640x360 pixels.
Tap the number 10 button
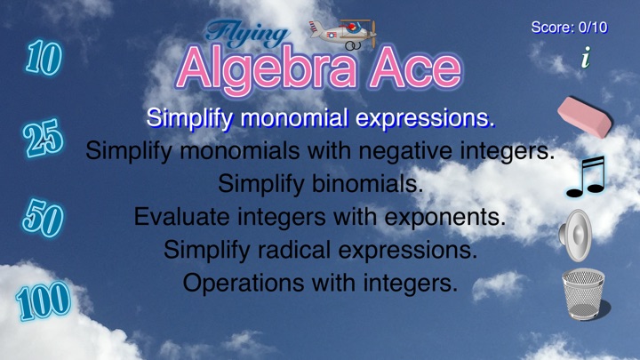pyautogui.click(x=44, y=58)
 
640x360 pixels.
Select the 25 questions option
pyautogui.click(x=43, y=139)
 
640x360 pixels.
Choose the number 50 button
pyautogui.click(x=43, y=218)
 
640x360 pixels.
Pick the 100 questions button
pyautogui.click(x=44, y=300)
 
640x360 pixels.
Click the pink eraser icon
pyautogui.click(x=585, y=117)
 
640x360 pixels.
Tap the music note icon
pyautogui.click(x=586, y=177)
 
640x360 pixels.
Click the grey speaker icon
pyautogui.click(x=575, y=236)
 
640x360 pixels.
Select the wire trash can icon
pyautogui.click(x=584, y=294)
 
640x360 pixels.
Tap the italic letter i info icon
pyautogui.click(x=586, y=57)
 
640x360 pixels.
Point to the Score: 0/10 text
pyautogui.click(x=570, y=28)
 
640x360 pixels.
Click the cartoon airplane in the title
pyautogui.click(x=343, y=35)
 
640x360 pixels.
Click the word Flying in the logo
pyautogui.click(x=247, y=34)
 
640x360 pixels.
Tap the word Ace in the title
pyautogui.click(x=415, y=69)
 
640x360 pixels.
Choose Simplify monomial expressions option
pyautogui.click(x=320, y=118)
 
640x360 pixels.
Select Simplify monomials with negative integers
pyautogui.click(x=320, y=150)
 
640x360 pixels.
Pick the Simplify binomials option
pyautogui.click(x=320, y=184)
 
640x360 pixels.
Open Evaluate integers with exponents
pyautogui.click(x=320, y=217)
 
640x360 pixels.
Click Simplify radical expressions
pyautogui.click(x=320, y=250)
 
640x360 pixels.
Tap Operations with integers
pyautogui.click(x=320, y=283)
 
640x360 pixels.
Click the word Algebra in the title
pyautogui.click(x=268, y=70)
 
